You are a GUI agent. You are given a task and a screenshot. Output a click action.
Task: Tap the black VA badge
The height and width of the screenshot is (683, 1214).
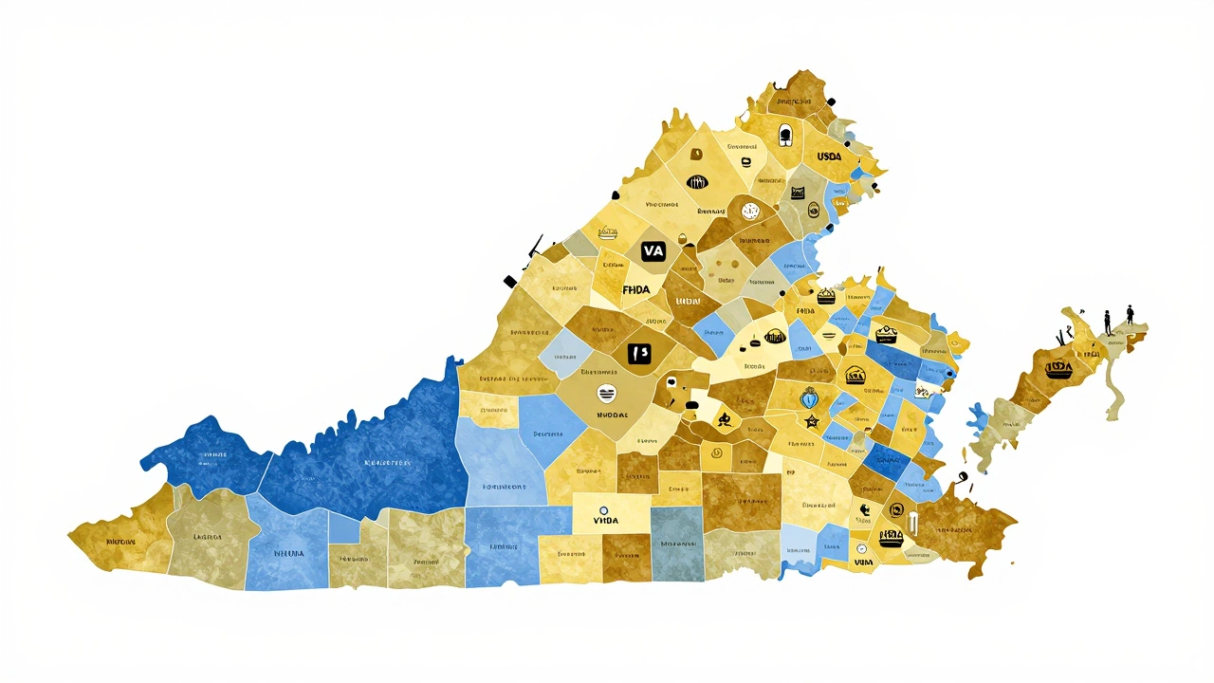[653, 250]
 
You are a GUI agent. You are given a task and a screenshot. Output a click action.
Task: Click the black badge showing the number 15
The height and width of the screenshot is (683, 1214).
[640, 353]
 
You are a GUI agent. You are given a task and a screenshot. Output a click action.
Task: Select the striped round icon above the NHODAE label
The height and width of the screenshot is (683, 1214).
[604, 392]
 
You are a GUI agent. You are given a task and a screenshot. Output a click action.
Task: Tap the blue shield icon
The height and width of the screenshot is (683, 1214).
[809, 397]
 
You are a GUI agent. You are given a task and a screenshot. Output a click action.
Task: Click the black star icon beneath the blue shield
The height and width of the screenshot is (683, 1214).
[811, 419]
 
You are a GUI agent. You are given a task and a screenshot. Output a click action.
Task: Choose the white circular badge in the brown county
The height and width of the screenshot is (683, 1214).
[750, 212]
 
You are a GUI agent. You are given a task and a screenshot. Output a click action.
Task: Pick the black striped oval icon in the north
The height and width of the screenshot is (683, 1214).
[698, 182]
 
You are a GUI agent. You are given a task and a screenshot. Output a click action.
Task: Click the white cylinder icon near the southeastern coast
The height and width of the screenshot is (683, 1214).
[912, 523]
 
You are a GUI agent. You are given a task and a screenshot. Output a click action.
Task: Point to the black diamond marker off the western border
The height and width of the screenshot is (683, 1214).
[509, 281]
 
